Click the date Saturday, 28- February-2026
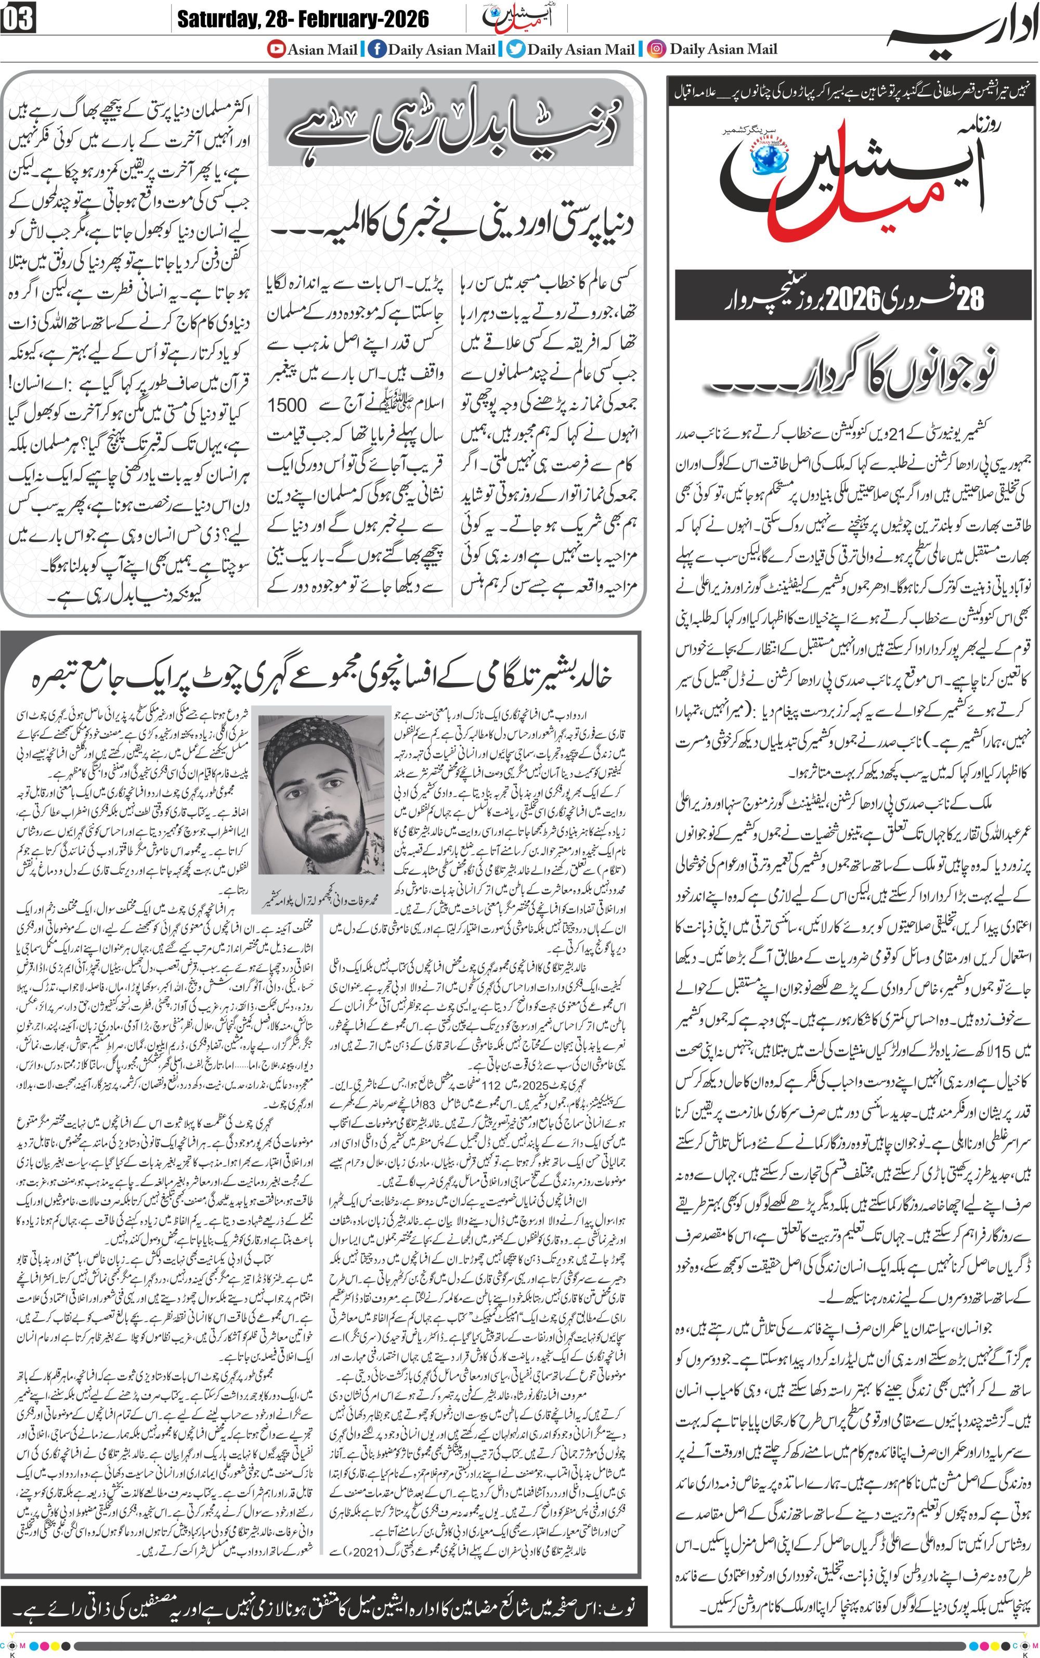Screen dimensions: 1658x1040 point(303,19)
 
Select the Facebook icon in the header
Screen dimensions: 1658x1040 point(376,49)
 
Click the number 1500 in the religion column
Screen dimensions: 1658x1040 point(287,405)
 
